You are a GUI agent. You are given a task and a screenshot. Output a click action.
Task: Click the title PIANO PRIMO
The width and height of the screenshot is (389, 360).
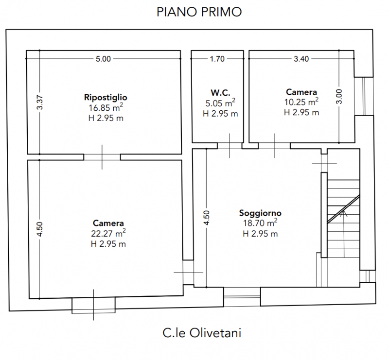pos(199,12)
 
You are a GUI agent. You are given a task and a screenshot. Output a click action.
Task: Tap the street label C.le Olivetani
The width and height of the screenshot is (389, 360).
pos(202,333)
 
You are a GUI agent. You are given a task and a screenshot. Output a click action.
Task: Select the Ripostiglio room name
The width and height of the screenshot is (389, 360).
pos(106,97)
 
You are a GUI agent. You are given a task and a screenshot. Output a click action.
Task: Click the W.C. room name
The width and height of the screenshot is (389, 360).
pos(220,92)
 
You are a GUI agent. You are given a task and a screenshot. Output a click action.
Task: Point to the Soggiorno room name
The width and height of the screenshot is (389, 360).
pos(260,213)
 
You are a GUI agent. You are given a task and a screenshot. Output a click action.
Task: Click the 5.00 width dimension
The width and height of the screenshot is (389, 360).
pos(103,59)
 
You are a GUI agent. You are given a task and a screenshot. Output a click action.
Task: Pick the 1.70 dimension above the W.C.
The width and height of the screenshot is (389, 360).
pos(217,59)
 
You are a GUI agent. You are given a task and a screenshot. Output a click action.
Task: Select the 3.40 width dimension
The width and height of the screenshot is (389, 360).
pos(301,59)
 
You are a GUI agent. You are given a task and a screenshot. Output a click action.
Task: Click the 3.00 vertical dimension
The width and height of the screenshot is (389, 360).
pos(339,96)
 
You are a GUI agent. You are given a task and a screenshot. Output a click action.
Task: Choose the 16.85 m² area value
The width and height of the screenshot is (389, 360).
pos(105,108)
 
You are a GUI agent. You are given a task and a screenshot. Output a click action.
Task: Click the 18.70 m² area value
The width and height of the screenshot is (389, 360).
pos(260,223)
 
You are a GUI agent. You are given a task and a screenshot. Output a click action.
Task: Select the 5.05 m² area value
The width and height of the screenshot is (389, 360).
pos(220,103)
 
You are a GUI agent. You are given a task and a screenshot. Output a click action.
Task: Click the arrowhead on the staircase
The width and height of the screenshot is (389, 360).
pos(344,212)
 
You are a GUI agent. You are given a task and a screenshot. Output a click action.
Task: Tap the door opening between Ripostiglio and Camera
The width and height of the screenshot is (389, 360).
pos(102,157)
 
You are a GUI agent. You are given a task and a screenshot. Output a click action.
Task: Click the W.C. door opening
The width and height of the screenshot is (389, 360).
pos(230,146)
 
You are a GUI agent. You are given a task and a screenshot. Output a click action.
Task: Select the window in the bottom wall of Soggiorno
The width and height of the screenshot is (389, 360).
pos(242,293)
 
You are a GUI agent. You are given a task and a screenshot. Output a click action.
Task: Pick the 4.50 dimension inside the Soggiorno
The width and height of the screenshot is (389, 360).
pos(207,217)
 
